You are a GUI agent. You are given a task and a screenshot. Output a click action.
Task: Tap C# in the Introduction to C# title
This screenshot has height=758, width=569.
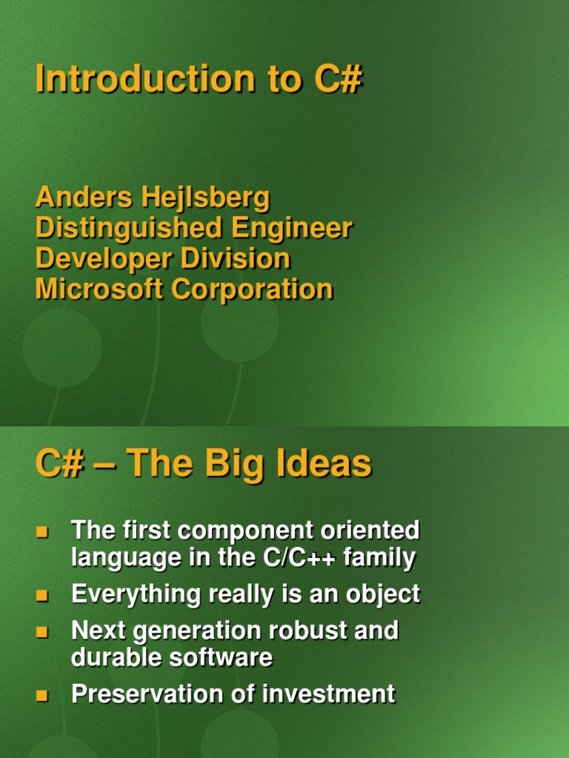[336, 80]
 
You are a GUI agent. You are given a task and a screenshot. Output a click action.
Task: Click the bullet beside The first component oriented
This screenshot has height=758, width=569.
[41, 531]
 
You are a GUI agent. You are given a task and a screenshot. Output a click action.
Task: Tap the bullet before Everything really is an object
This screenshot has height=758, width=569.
[41, 595]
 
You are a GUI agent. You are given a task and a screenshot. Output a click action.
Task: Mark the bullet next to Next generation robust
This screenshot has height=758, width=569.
[41, 632]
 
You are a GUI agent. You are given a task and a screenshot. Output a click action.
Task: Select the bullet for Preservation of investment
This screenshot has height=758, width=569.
[41, 696]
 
